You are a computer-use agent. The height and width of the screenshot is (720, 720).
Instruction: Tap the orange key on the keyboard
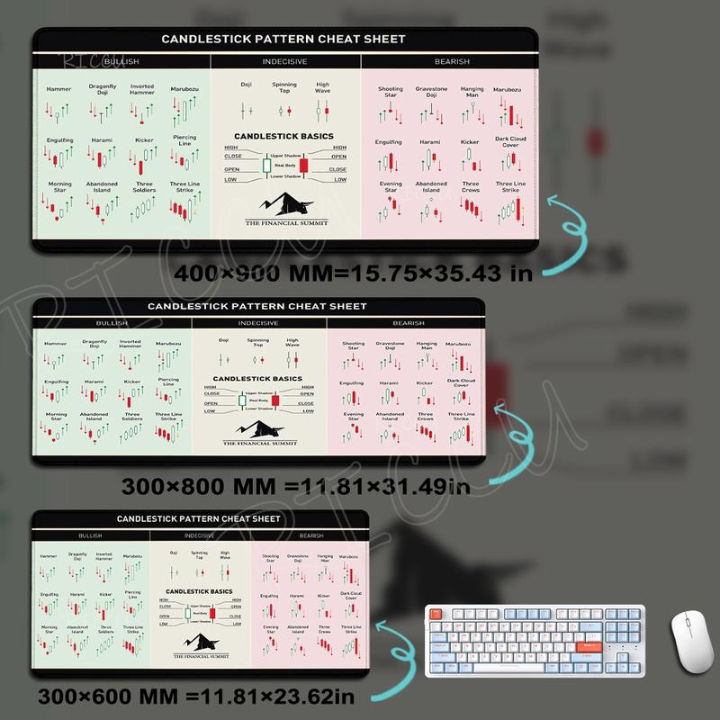click(x=590, y=644)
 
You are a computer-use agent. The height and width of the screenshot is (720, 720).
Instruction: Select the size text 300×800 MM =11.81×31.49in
click(x=296, y=487)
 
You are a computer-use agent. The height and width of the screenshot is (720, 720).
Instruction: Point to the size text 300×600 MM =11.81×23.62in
click(x=197, y=696)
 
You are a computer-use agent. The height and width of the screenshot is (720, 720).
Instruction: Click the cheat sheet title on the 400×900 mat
click(x=283, y=40)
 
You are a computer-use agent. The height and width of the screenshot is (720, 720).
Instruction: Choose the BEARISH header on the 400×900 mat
click(x=451, y=61)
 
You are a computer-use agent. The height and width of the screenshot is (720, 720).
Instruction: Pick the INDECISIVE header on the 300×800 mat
click(x=258, y=323)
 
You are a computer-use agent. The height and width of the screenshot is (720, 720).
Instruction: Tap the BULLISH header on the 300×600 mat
click(x=90, y=535)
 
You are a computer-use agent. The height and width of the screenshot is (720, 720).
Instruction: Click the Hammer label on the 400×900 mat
click(x=58, y=89)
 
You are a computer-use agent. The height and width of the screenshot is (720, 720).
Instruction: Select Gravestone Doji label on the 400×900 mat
click(x=431, y=92)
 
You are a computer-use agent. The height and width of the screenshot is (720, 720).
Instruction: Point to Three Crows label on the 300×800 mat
click(x=426, y=417)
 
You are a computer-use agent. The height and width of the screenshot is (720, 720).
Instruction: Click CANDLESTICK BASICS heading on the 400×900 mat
click(x=283, y=137)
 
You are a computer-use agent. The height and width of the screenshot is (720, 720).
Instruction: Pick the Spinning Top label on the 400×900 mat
click(x=284, y=86)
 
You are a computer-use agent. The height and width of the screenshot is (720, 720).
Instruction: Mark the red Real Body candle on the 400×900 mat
click(x=303, y=166)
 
